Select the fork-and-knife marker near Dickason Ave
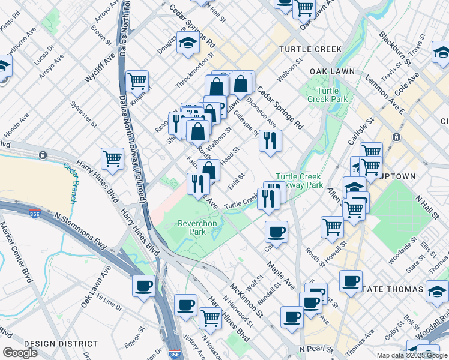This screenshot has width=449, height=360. click(270, 141)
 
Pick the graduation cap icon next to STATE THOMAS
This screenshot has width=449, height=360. click(436, 292)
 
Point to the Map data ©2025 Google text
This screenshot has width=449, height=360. click(412, 355)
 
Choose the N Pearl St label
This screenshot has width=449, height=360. click(316, 349)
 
